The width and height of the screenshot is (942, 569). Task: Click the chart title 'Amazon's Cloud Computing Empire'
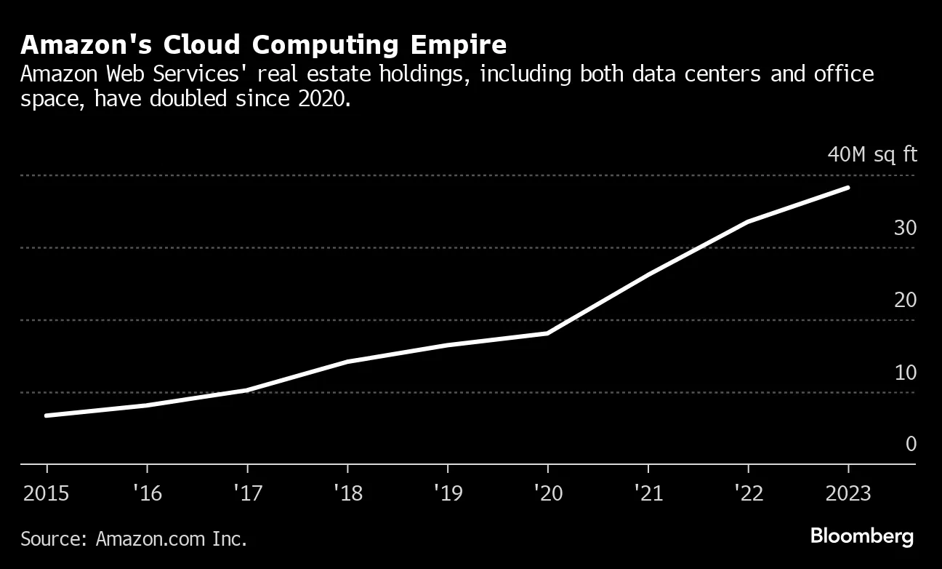(263, 45)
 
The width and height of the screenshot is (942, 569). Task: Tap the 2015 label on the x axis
(47, 493)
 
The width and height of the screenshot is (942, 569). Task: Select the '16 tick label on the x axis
(147, 493)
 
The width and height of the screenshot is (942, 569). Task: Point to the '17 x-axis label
(247, 493)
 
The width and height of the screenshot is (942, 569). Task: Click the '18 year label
(347, 493)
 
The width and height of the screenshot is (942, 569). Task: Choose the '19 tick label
(447, 493)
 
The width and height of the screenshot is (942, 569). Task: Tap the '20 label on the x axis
(547, 493)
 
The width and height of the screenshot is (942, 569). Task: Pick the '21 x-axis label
(648, 493)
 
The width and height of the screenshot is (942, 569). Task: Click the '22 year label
(748, 493)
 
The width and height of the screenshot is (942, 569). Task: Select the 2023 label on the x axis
(848, 493)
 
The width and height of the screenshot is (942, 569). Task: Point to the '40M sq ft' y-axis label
(871, 155)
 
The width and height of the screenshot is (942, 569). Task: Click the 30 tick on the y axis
(905, 228)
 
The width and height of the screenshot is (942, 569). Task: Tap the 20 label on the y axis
(905, 300)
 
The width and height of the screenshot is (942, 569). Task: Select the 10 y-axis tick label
(905, 373)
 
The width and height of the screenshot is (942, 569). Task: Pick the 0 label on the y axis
(911, 444)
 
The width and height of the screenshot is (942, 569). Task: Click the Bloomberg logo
(861, 538)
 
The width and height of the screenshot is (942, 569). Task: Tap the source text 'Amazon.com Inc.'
(171, 539)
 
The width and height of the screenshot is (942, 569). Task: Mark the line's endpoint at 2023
(848, 188)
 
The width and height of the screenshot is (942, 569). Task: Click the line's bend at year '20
(547, 333)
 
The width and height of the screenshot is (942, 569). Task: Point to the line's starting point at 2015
(47, 415)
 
